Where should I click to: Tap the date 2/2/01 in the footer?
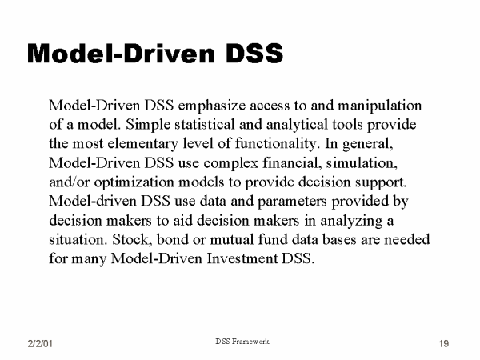click(x=40, y=343)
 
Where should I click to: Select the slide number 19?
click(x=444, y=343)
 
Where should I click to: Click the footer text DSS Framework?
click(x=242, y=342)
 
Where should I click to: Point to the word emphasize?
click(x=211, y=106)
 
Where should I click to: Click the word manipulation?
click(x=379, y=106)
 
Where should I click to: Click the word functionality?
click(x=277, y=144)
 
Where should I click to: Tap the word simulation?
click(x=362, y=163)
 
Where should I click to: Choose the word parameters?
click(x=292, y=202)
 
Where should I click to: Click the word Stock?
click(x=132, y=239)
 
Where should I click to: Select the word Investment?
click(x=242, y=258)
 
